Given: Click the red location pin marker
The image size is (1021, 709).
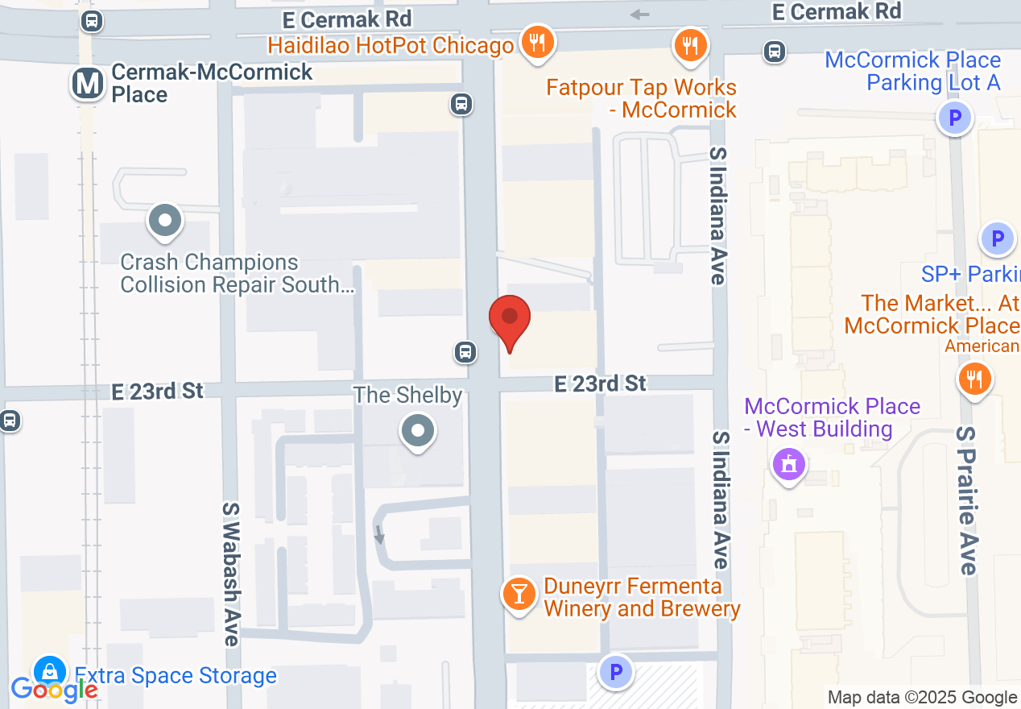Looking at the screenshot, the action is coord(510,319).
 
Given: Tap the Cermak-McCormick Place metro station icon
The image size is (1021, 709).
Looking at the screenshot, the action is coord(88,83).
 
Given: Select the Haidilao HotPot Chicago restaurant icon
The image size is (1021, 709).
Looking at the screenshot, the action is coord(536,43).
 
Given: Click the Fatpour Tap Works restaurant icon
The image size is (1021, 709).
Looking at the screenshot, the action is coord(689,45).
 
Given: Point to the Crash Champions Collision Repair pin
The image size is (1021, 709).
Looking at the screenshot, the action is coord(165,220).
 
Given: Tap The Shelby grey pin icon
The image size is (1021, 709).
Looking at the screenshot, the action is coord(418,430).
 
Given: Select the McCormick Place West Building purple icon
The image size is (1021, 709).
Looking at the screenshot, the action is coord(789,464).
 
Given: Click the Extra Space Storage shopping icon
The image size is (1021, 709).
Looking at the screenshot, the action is coord(50,671).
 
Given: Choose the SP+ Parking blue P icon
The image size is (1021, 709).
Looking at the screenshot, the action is coord(998,238).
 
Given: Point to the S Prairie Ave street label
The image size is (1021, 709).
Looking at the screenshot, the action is coord(966,500).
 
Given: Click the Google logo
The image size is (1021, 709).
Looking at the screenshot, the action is coord(54,690).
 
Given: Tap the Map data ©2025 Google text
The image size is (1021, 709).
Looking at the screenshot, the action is coord(922,697).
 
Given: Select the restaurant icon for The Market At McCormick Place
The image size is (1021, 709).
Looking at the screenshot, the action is coord(975,379).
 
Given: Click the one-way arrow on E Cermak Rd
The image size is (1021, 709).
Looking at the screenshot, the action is coord(640,15).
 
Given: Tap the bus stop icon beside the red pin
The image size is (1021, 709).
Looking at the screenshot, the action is coord(465,351).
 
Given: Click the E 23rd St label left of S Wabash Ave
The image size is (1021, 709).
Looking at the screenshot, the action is coord(157,391).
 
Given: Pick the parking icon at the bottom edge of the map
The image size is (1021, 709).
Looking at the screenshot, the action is coord(617,672).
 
